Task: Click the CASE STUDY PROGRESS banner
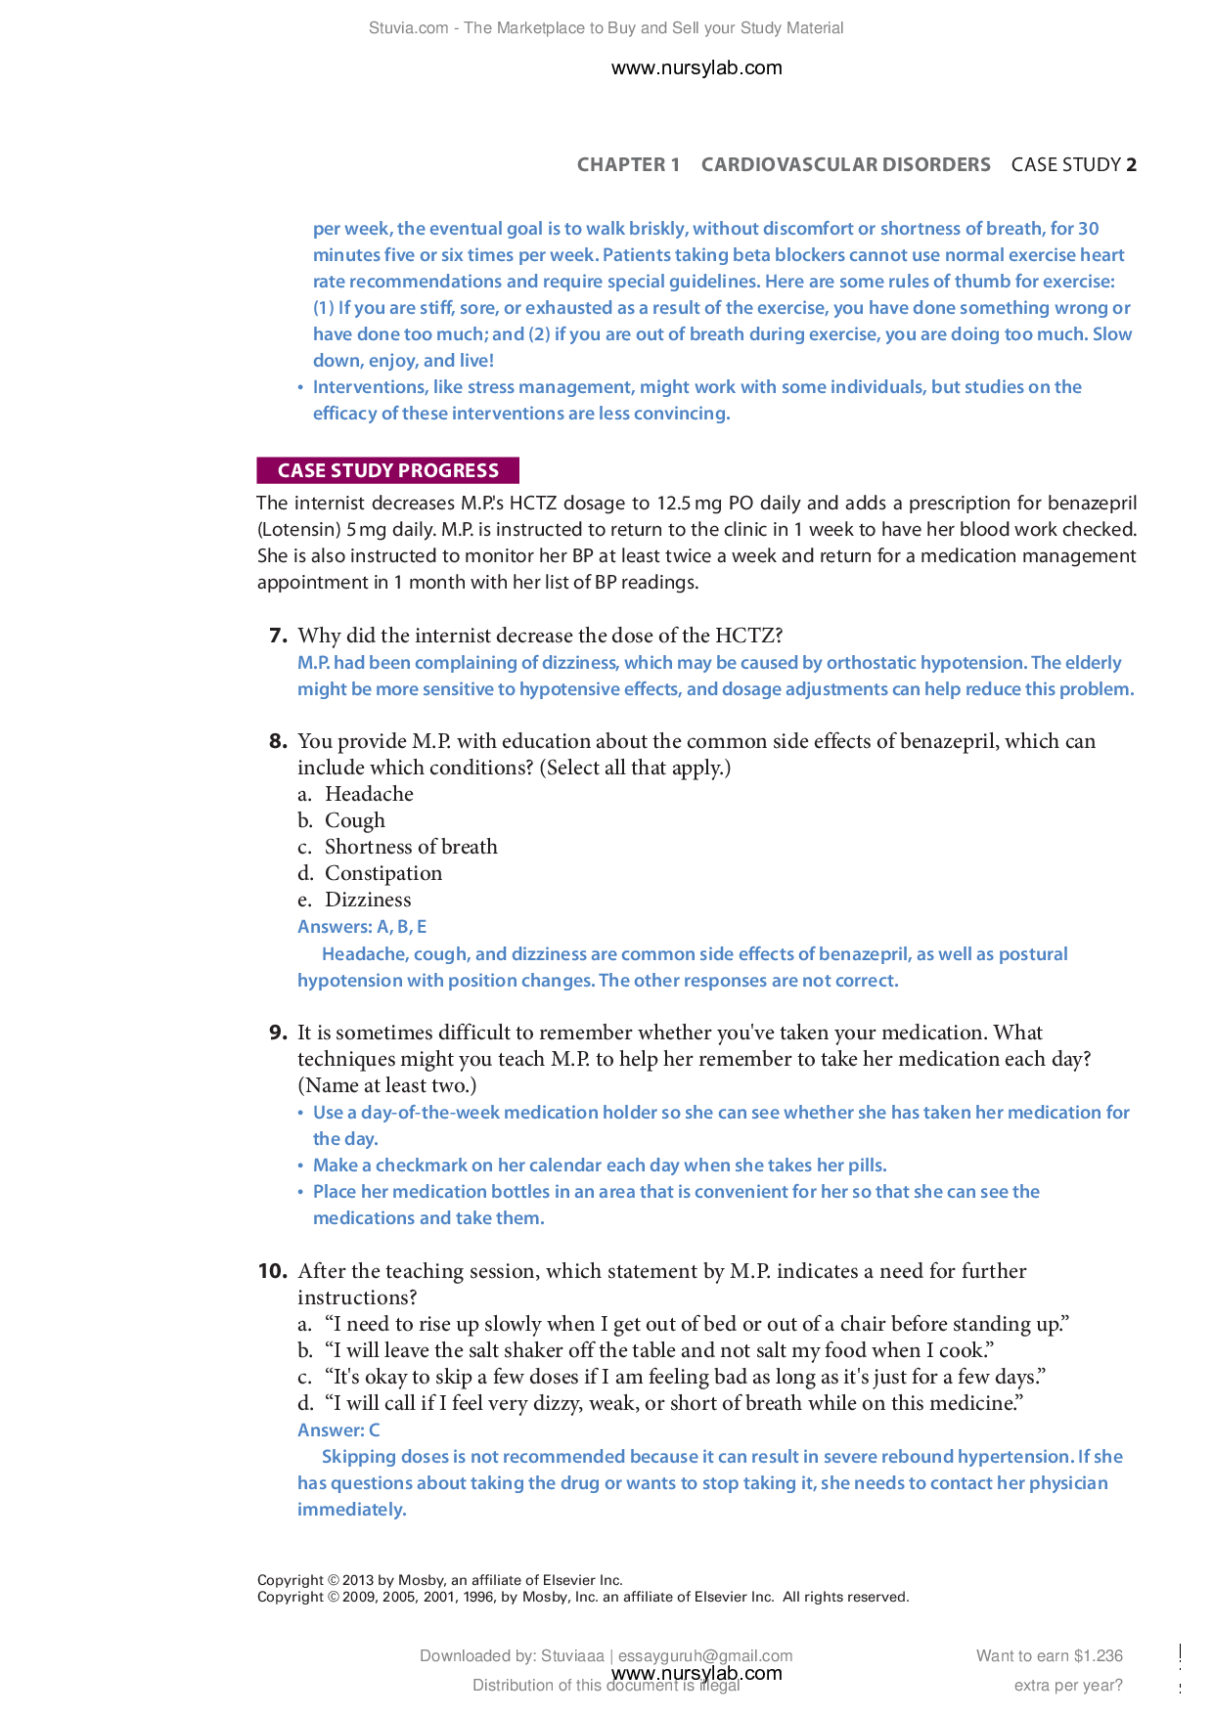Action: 387,470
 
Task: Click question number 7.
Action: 278,636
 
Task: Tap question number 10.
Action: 272,1271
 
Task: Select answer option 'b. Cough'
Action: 341,820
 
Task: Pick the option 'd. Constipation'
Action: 370,873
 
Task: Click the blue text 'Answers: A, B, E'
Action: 362,927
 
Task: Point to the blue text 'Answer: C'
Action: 338,1430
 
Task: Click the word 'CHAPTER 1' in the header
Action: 628,164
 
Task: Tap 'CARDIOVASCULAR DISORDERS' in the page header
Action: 845,164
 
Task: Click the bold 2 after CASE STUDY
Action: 1131,164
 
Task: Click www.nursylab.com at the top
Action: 696,67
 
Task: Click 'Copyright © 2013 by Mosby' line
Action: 439,1579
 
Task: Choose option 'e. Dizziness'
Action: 354,900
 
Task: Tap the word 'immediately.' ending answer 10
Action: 352,1510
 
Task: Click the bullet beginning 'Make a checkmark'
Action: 600,1165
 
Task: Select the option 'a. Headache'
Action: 355,794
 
